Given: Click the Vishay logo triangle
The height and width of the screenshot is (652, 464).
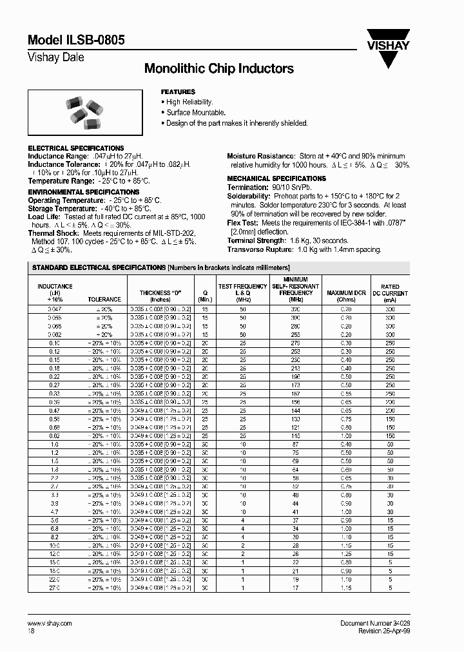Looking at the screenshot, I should tap(386, 55).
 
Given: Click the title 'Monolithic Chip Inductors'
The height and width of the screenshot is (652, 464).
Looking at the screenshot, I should tap(218, 68).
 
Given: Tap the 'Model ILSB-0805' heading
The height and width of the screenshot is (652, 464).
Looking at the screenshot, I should tap(76, 40).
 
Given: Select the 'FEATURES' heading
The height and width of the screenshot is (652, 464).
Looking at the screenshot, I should tap(177, 92).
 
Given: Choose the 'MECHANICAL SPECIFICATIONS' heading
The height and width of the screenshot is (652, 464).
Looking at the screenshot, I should tap(276, 178).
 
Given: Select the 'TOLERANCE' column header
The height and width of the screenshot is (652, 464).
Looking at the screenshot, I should tap(104, 300).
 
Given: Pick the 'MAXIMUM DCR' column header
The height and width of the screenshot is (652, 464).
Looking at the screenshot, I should tap(346, 293).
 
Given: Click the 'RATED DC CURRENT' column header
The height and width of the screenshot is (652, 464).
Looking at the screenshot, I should tap(390, 293).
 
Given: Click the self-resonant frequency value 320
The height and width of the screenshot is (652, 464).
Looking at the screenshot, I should tap(295, 310).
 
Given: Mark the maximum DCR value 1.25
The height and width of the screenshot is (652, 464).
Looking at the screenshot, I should tap(346, 553).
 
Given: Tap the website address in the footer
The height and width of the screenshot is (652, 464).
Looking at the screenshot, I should tap(50, 624).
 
